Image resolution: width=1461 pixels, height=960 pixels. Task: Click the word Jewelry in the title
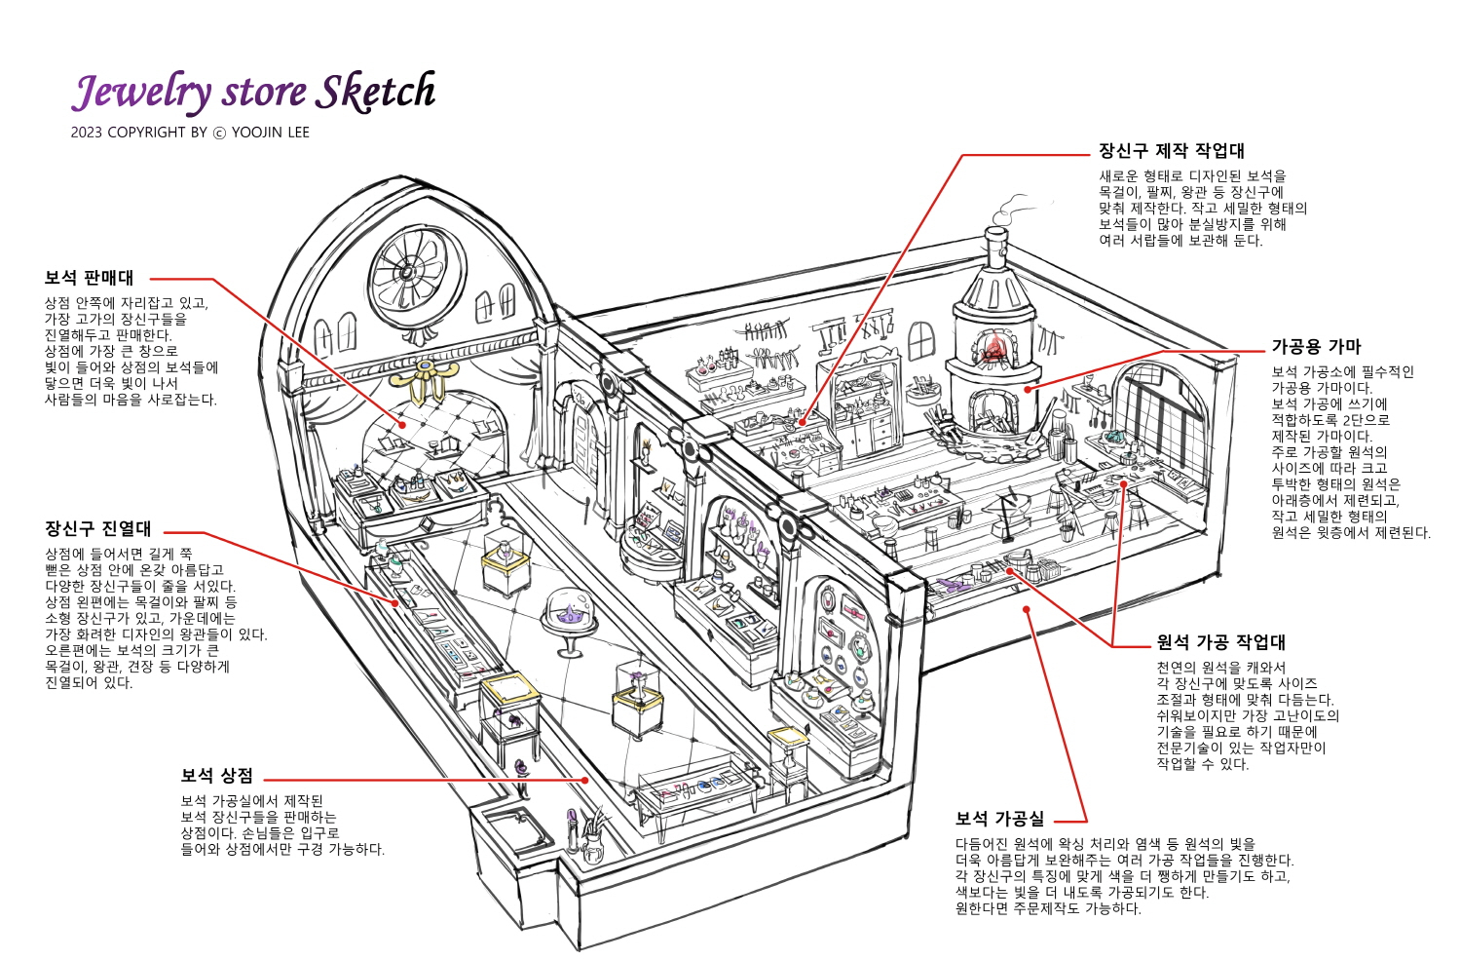(141, 92)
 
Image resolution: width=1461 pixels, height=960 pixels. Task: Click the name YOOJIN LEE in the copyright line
(270, 133)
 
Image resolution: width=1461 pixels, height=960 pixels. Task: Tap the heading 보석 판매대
(89, 278)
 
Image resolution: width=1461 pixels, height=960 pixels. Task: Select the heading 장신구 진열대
(97, 528)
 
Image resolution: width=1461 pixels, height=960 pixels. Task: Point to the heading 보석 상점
(216, 775)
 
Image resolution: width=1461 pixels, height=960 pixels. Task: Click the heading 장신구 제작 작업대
(1172, 151)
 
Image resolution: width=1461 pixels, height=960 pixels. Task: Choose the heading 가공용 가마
(1316, 347)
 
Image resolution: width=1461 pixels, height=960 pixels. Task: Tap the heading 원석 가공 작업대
(1221, 642)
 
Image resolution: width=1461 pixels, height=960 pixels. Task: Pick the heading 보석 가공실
(1000, 819)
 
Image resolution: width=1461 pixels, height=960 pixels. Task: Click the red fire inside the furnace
(993, 347)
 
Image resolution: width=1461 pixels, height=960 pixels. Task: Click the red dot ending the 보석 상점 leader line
(585, 780)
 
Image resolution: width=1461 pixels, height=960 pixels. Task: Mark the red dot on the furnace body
(1028, 390)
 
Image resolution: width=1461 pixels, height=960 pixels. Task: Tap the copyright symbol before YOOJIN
(220, 134)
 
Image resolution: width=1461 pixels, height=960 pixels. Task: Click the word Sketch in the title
(376, 92)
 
